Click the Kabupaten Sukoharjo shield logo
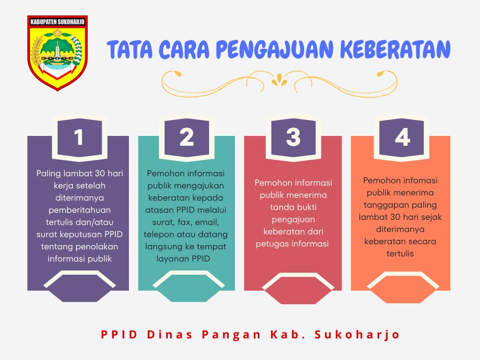58,53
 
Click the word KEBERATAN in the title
395,49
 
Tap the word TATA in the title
129,49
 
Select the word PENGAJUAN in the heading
274,49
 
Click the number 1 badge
80,137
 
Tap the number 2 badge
187,137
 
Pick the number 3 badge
293,137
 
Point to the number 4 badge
402,137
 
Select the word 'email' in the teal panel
207,223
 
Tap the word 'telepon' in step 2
159,235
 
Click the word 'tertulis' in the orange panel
400,254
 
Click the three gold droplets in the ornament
279,80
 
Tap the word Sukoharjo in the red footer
357,334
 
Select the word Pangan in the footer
231,335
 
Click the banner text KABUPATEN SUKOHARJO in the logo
57,22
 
